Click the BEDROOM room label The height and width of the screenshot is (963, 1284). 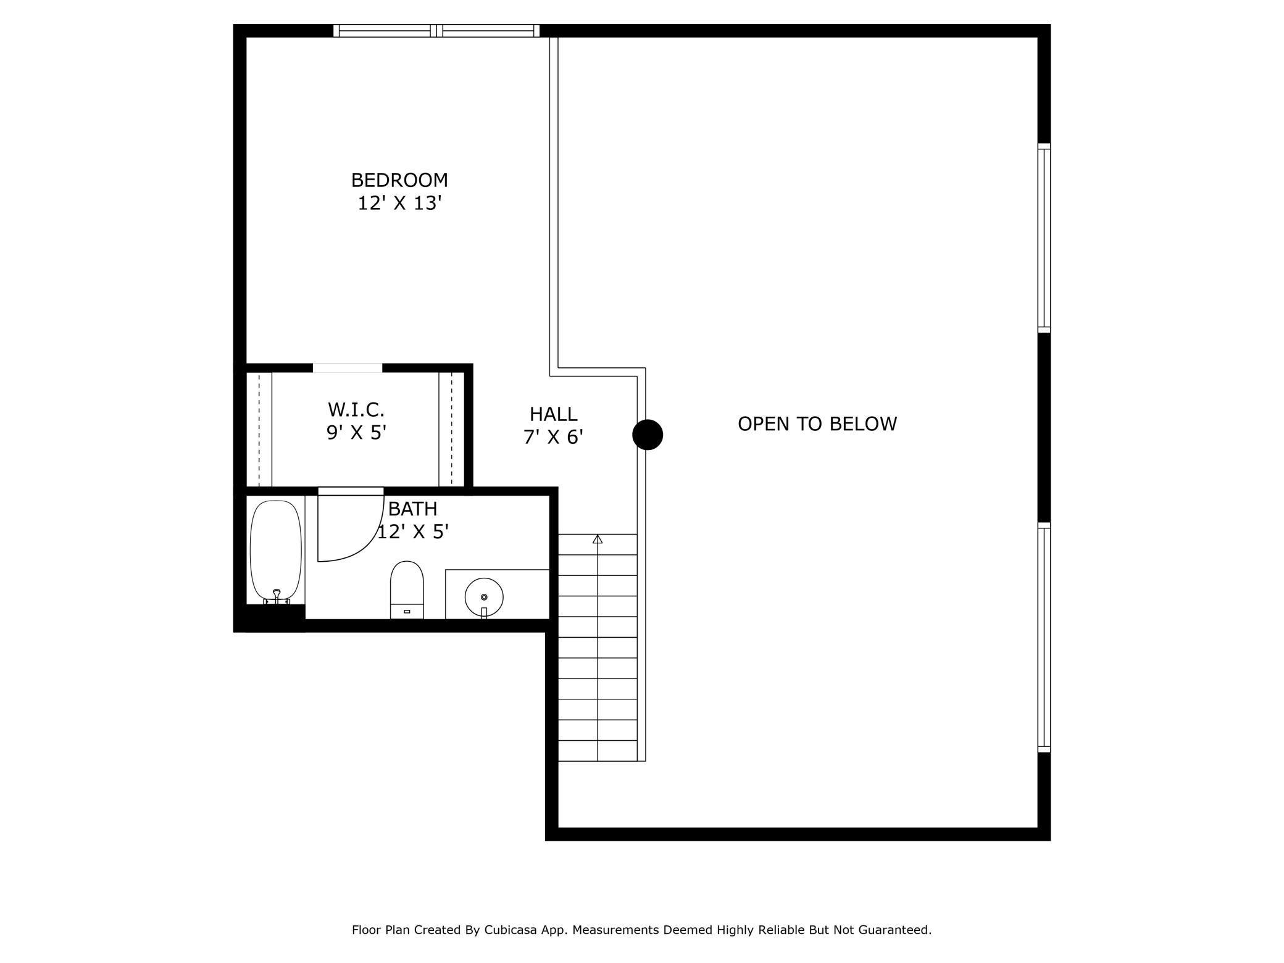click(x=399, y=180)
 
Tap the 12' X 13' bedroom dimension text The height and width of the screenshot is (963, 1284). click(x=400, y=203)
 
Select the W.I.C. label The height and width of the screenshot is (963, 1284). click(x=356, y=409)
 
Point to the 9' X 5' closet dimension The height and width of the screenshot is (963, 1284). click(x=356, y=433)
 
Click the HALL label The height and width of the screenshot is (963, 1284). click(x=554, y=414)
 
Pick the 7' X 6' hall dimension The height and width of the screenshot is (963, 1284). click(x=554, y=437)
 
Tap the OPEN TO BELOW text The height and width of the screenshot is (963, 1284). click(x=817, y=423)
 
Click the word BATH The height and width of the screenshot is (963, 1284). click(x=412, y=509)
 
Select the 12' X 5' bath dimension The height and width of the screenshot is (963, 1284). click(x=412, y=532)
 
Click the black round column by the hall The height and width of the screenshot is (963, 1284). click(x=648, y=435)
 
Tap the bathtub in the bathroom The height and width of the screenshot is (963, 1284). click(x=276, y=552)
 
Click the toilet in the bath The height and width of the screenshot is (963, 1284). click(x=407, y=590)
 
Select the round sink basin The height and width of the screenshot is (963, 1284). click(x=484, y=597)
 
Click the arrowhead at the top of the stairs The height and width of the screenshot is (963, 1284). click(x=598, y=539)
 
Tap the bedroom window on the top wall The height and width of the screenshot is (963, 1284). click(x=436, y=31)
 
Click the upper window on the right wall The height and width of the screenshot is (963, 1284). click(x=1044, y=238)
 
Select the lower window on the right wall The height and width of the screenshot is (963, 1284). click(x=1044, y=637)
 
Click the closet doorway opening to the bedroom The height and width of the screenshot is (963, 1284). click(x=348, y=368)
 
